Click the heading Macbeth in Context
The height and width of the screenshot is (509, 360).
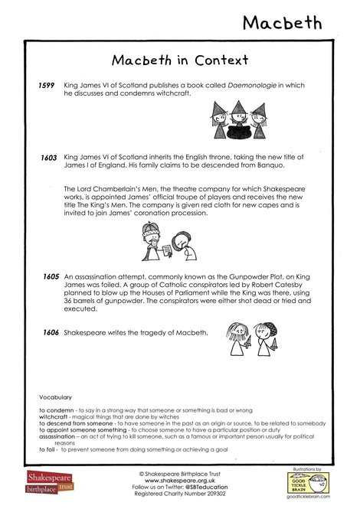click(x=180, y=60)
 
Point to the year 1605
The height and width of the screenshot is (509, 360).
click(x=51, y=274)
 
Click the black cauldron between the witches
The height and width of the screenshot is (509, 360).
click(x=236, y=131)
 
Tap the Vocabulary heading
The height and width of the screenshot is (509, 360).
click(x=55, y=397)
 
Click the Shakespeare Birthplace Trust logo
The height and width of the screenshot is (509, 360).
click(x=47, y=483)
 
